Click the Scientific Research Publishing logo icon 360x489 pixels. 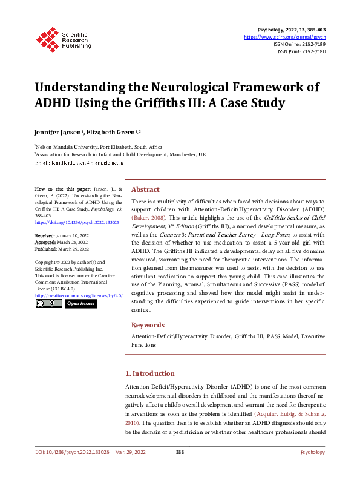coord(48,37)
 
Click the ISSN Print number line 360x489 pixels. coord(302,51)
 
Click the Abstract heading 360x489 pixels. coord(145,189)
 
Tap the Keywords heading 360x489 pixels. coord(148,324)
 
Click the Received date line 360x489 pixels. coord(62,235)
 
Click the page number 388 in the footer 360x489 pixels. coord(180,469)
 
